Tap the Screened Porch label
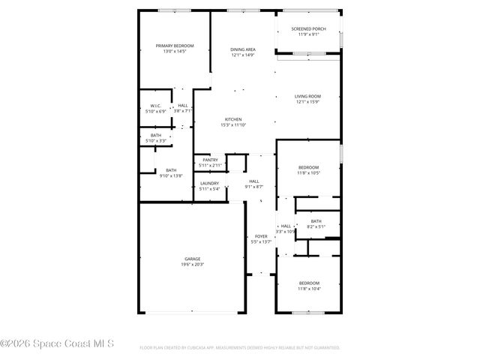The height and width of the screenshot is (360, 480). [x=308, y=29]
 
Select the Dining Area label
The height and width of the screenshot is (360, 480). [x=243, y=49]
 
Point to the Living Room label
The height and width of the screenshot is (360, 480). [x=307, y=96]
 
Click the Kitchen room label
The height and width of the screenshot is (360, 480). [x=233, y=119]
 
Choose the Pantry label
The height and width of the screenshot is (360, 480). [x=209, y=160]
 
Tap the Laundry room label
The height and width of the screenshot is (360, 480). [x=209, y=183]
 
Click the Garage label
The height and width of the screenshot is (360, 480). [x=193, y=259]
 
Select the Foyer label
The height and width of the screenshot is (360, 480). [x=260, y=236]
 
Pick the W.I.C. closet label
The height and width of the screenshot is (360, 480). [x=156, y=106]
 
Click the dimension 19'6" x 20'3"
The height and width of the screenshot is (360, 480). [x=193, y=264]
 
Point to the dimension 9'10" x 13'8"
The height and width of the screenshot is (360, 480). [x=171, y=175]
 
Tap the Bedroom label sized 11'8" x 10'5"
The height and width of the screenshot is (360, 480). [x=308, y=167]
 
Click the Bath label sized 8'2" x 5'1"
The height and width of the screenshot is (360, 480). [x=316, y=220]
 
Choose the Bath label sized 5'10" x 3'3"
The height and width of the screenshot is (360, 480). [x=155, y=135]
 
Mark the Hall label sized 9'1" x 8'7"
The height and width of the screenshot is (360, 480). [x=254, y=181]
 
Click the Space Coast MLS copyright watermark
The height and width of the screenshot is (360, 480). [x=58, y=344]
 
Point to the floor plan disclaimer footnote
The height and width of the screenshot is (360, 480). [x=240, y=348]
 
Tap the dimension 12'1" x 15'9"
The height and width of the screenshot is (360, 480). [x=307, y=101]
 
